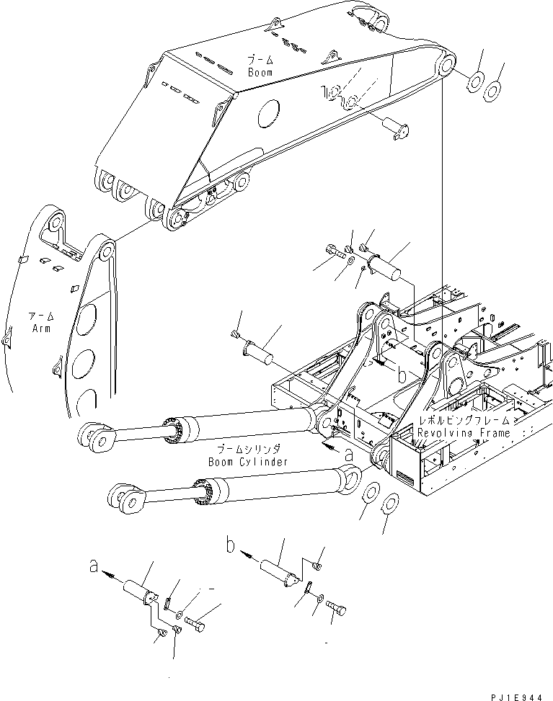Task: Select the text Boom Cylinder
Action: (247, 461)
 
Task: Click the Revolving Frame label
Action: (464, 433)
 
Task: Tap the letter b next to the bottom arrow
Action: (231, 547)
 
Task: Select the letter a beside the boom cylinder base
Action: (349, 454)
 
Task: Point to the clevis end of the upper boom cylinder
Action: (95, 438)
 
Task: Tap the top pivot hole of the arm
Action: (105, 251)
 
